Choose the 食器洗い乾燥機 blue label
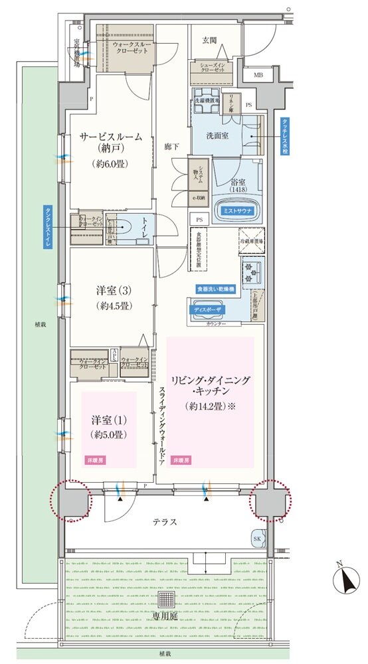point(218,290)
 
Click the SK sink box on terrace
point(258,538)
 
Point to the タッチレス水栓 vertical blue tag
point(284,136)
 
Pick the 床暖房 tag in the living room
point(181,459)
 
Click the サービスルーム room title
point(110,137)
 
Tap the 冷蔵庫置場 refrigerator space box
point(252,240)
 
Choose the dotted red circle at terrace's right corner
point(270,500)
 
